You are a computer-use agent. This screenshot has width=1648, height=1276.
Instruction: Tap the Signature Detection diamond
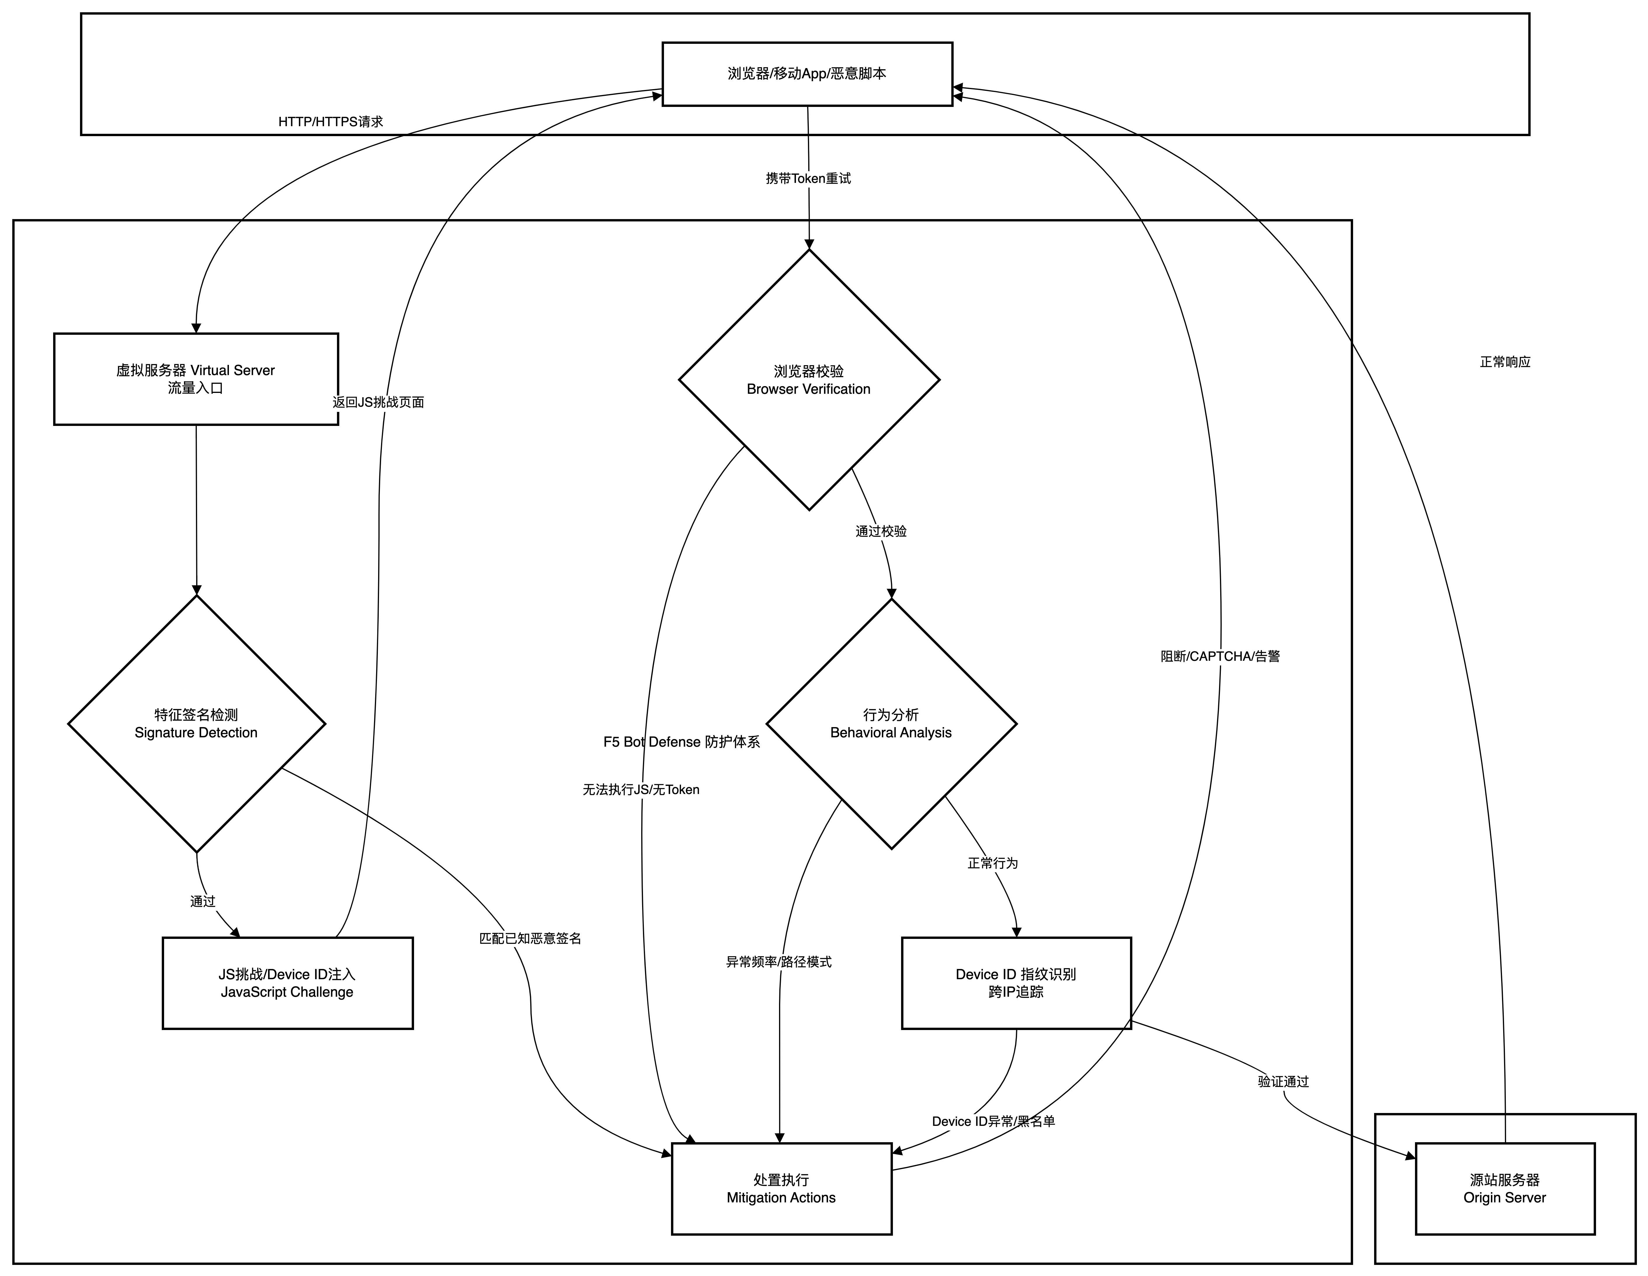click(196, 723)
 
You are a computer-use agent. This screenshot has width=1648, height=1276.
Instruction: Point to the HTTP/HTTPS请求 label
click(331, 122)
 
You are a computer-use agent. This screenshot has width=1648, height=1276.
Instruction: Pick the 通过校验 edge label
click(881, 532)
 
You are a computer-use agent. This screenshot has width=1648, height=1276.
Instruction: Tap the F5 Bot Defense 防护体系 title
click(682, 742)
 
